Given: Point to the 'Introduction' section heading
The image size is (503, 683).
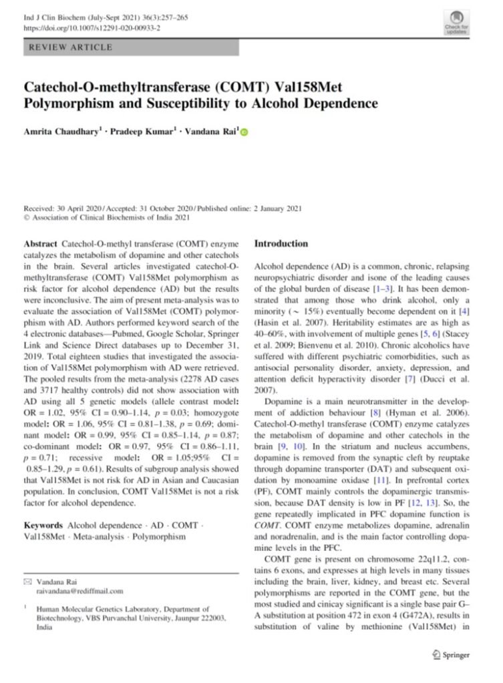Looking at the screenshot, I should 281,244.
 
